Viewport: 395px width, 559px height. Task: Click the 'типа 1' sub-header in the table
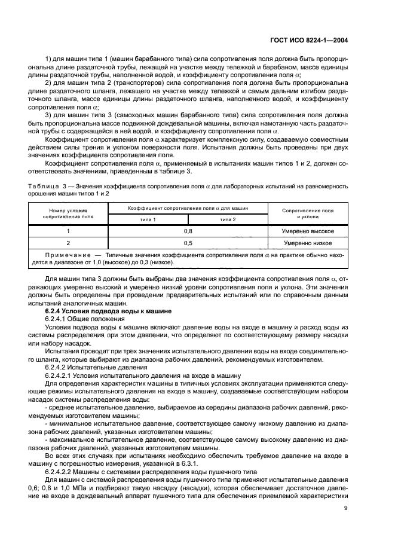pyautogui.click(x=147, y=220)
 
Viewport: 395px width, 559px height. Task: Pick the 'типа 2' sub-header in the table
pyautogui.click(x=227, y=220)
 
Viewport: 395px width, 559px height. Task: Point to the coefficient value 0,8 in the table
pyautogui.click(x=188, y=231)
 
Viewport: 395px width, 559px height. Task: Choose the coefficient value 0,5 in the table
pyautogui.click(x=188, y=243)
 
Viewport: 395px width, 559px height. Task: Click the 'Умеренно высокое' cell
pyautogui.click(x=308, y=231)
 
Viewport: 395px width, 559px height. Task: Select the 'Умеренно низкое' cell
pyautogui.click(x=308, y=243)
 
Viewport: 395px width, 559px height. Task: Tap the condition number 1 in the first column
pyautogui.click(x=68, y=231)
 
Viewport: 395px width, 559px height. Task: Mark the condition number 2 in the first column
pyautogui.click(x=68, y=243)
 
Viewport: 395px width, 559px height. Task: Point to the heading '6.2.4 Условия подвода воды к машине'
pyautogui.click(x=108, y=311)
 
